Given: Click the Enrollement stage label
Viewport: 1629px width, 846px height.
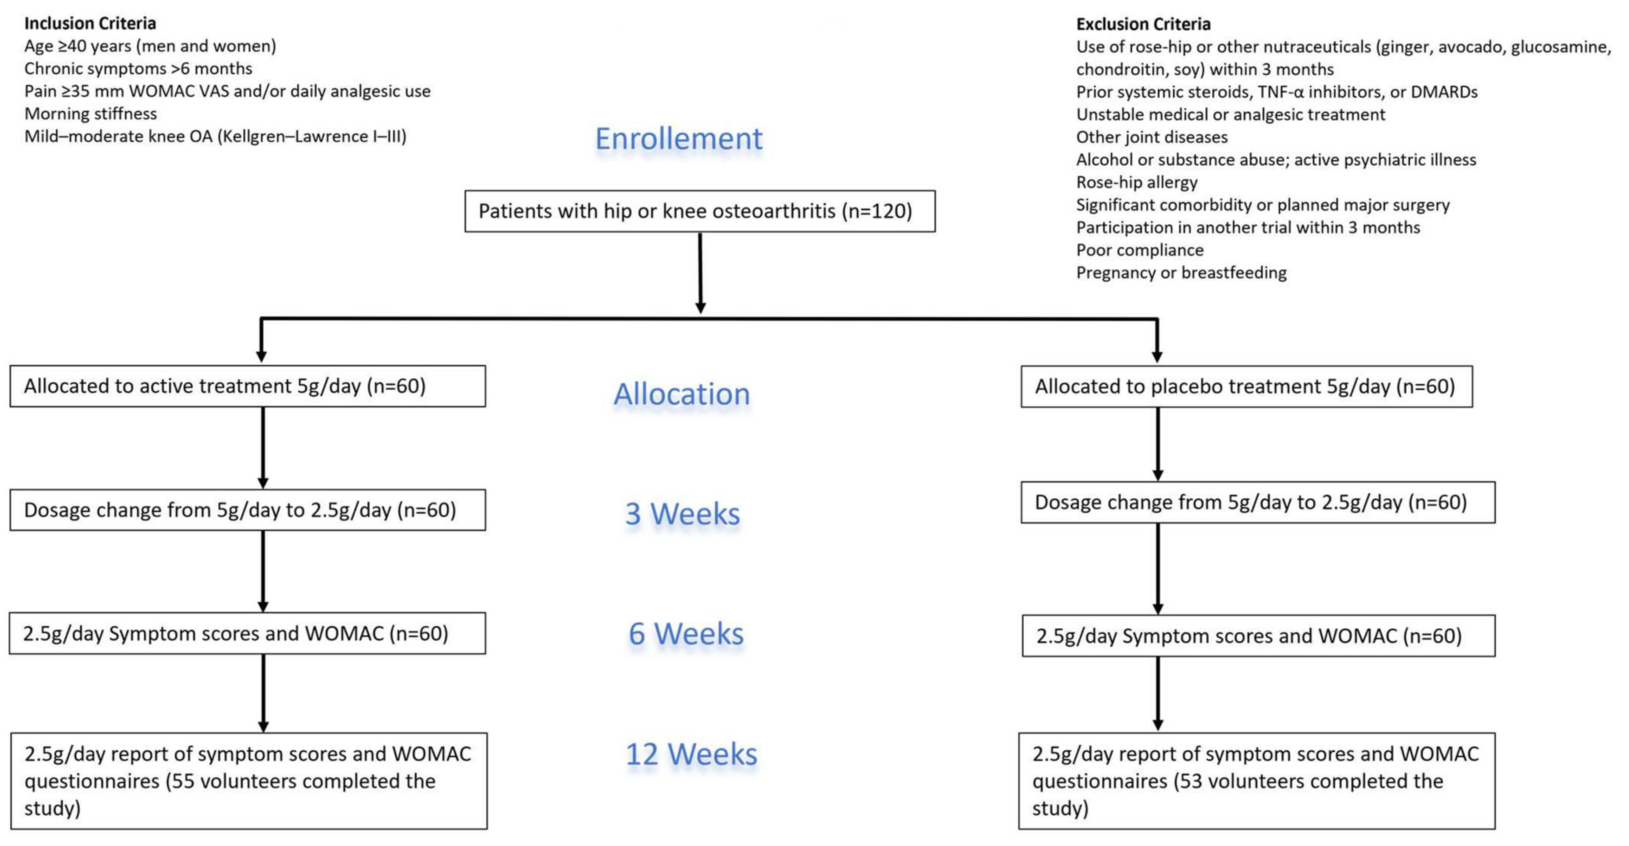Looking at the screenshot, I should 679,139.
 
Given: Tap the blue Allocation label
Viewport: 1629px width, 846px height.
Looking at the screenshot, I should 682,394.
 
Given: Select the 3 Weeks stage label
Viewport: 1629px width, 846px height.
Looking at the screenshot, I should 682,514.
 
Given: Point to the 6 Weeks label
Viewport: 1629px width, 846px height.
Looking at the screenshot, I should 686,634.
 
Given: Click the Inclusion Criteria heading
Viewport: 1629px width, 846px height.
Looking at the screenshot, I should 90,23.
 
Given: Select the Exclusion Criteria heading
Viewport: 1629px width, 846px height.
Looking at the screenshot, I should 1143,24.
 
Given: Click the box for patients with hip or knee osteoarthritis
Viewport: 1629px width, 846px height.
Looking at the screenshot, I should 699,211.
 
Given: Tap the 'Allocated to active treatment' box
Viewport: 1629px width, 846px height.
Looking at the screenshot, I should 247,386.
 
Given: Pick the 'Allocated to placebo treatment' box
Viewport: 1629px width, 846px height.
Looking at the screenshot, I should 1246,386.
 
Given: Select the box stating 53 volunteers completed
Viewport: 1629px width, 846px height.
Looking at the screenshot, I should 1256,781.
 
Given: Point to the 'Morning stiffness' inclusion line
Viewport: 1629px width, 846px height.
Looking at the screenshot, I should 90,114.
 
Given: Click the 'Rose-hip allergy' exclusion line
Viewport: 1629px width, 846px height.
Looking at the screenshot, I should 1136,182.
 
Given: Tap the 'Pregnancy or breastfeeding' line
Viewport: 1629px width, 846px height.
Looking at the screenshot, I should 1181,273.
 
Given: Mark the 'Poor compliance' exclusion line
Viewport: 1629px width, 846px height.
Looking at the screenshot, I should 1140,250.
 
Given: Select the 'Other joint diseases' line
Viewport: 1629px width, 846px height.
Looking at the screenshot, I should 1152,137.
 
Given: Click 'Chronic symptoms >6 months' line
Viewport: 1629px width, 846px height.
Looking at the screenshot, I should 138,68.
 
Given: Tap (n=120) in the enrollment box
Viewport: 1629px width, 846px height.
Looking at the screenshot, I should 876,211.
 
